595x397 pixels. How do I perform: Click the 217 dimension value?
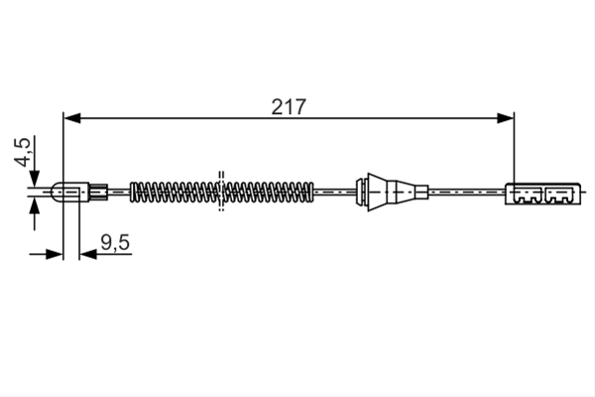(289, 107)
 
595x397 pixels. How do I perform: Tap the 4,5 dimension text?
(22, 152)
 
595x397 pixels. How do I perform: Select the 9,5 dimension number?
(115, 242)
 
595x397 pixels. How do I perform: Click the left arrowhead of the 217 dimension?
(72, 118)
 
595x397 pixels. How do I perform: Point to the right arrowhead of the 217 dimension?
(505, 118)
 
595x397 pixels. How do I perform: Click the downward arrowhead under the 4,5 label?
(35, 179)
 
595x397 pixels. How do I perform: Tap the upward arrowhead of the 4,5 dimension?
(35, 206)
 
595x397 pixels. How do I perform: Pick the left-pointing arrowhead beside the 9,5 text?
(88, 254)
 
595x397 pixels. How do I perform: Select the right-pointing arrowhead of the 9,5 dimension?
(54, 254)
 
